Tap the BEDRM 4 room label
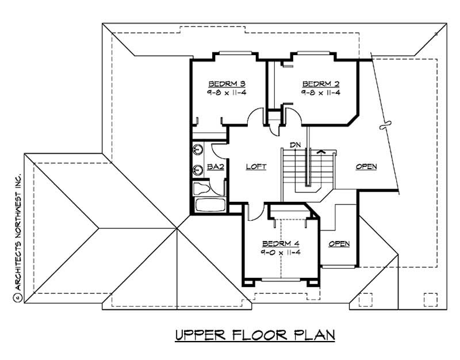[x=281, y=243]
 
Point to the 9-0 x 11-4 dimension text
[x=281, y=252]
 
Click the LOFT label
[x=256, y=167]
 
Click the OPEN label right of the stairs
[x=366, y=167]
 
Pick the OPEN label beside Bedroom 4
[x=339, y=244]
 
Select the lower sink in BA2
[x=198, y=170]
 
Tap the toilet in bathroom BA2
[x=201, y=187]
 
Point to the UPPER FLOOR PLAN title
[x=254, y=335]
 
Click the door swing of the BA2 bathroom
[x=220, y=148]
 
